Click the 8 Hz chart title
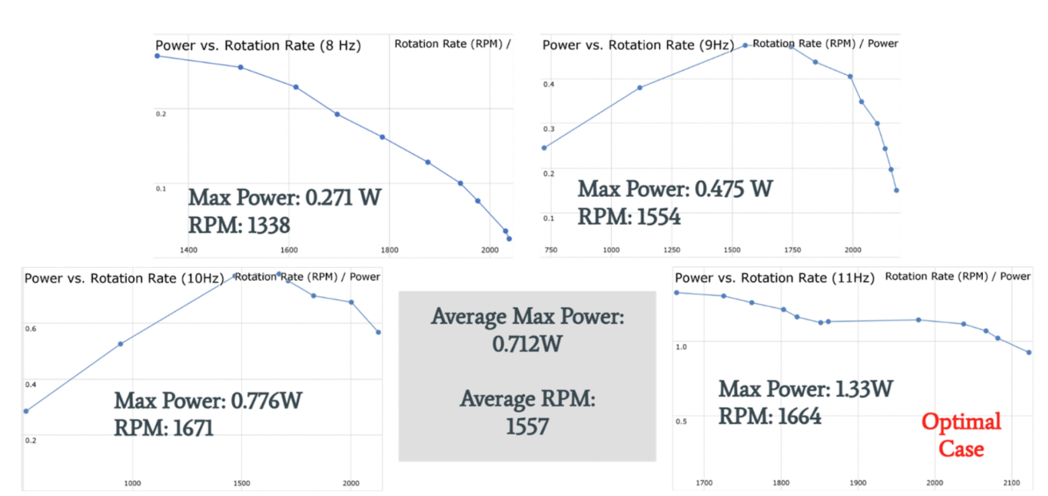click(258, 46)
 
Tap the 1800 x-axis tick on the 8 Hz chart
click(389, 250)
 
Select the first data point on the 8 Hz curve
click(157, 56)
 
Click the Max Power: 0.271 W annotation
click(284, 198)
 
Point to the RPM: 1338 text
click(239, 225)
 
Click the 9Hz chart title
click(638, 45)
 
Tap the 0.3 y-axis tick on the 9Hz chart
click(549, 129)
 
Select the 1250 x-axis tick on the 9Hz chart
click(672, 250)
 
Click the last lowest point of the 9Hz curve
click(896, 190)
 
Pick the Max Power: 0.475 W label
click(675, 189)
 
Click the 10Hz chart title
click(124, 278)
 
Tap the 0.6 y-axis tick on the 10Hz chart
click(31, 329)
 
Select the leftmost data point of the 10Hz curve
click(26, 411)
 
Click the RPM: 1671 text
click(164, 428)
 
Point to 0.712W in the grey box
click(527, 344)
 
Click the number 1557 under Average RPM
click(527, 427)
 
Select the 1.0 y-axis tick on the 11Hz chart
click(681, 347)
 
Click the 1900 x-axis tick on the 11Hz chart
click(857, 483)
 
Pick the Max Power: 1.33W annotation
click(805, 389)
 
